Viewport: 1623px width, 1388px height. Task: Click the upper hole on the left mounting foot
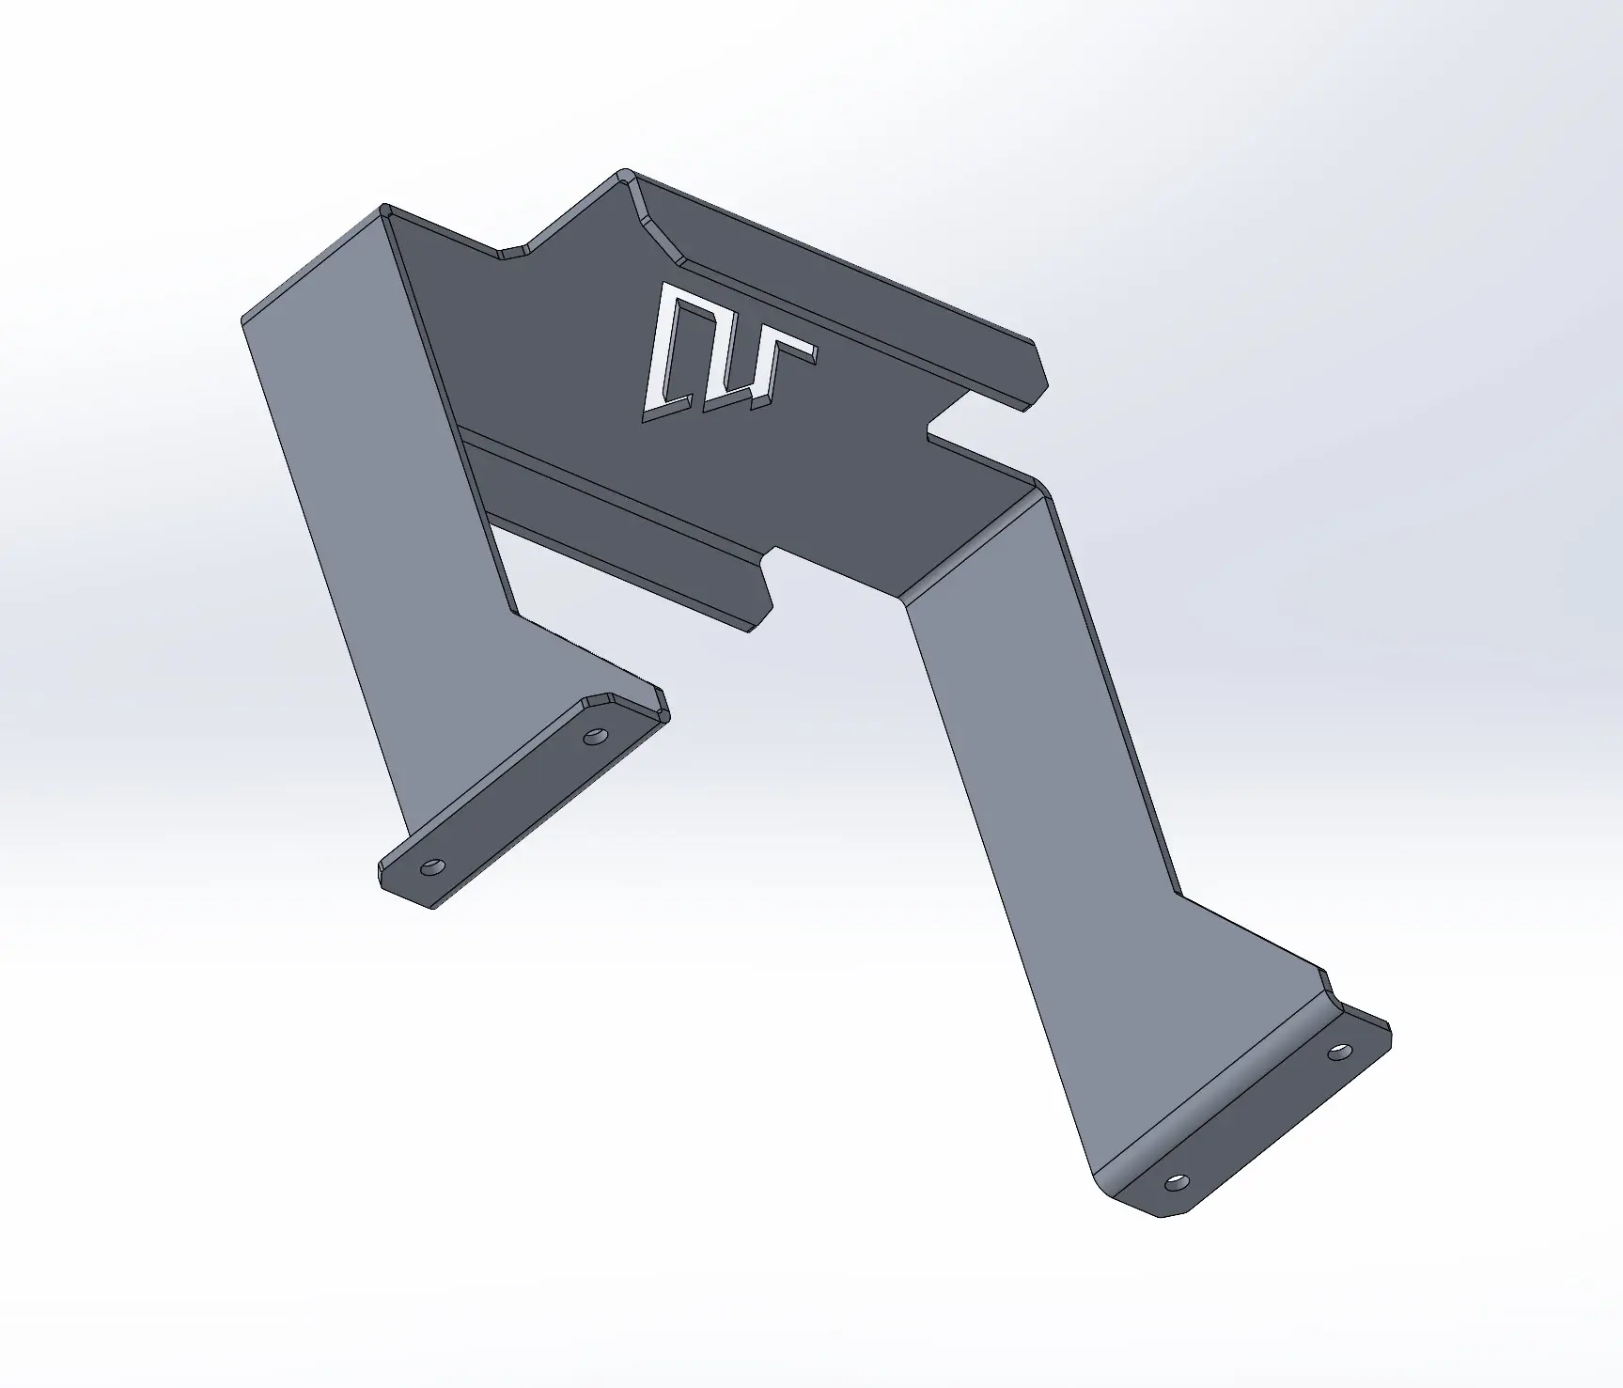(594, 737)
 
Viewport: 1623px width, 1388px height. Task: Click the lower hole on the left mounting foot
(431, 866)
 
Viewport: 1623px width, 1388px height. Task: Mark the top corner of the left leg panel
(383, 208)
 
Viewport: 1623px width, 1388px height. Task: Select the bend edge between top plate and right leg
(968, 545)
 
